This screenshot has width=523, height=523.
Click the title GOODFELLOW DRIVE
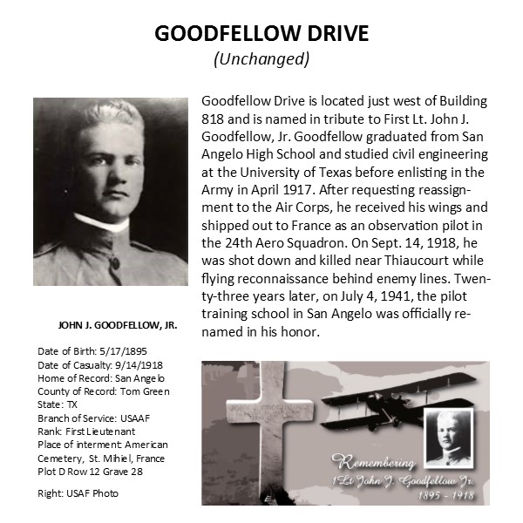point(261,34)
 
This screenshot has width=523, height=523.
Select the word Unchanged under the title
point(261,59)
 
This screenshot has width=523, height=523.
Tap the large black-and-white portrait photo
point(111,191)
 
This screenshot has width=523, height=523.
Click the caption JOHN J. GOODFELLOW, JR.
point(118,325)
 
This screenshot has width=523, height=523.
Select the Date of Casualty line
point(95,365)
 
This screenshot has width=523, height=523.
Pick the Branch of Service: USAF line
point(93,418)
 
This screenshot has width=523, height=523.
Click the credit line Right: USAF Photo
point(78,493)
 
